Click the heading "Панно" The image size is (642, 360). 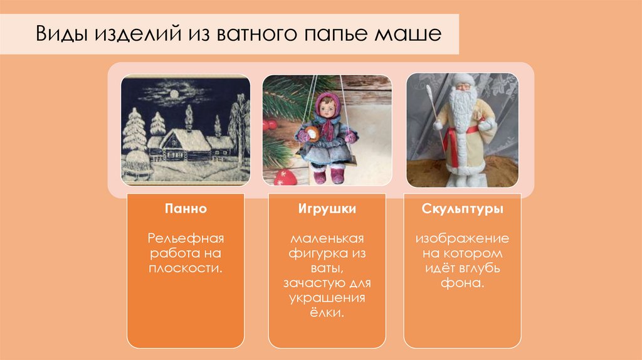point(186,209)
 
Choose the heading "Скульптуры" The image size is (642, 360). point(463,209)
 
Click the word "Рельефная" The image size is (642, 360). point(186,238)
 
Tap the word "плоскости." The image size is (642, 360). point(186,268)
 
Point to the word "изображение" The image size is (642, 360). point(463,238)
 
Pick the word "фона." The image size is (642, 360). point(463,283)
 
